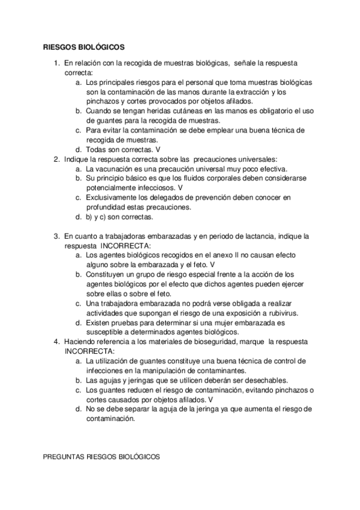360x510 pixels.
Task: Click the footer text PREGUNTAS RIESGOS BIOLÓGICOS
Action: (102, 457)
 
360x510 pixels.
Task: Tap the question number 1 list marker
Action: (56, 63)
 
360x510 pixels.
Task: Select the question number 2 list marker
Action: (56, 159)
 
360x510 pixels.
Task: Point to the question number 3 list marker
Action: (56, 236)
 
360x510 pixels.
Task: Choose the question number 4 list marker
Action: (56, 342)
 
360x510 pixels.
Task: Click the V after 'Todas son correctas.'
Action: (158, 150)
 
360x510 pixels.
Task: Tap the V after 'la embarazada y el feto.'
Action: (213, 265)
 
